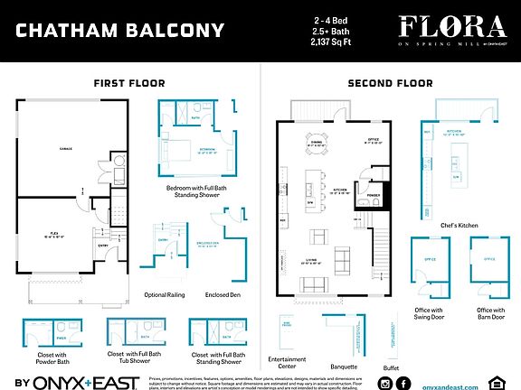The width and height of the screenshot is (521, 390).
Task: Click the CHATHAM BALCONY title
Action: pyautogui.click(x=120, y=31)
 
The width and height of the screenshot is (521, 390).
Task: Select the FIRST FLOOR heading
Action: pyautogui.click(x=128, y=83)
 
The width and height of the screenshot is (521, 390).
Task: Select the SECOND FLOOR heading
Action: pyautogui.click(x=390, y=83)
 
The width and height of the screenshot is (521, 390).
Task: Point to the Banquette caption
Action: pyautogui.click(x=344, y=367)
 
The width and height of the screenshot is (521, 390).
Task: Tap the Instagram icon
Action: pyautogui.click(x=385, y=384)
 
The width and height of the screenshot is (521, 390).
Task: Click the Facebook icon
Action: pyautogui.click(x=403, y=384)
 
